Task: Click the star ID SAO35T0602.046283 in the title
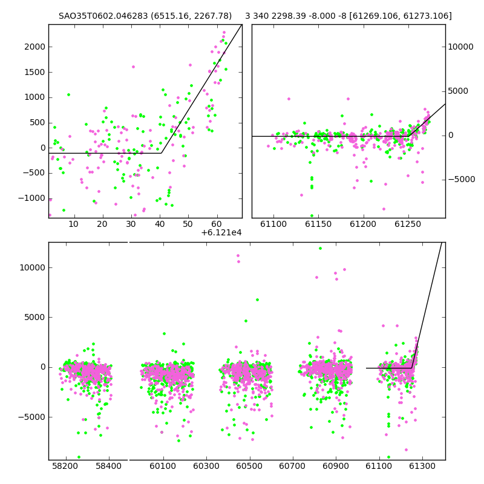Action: click(103, 16)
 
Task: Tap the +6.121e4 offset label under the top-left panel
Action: click(221, 233)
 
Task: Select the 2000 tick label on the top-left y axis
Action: click(35, 47)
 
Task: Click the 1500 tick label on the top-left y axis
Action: click(35, 72)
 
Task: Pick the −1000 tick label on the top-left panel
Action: click(32, 198)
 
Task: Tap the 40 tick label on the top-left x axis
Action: click(160, 224)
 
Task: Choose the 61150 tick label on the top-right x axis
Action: click(318, 224)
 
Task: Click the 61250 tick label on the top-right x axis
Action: click(408, 224)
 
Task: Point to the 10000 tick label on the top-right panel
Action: click(460, 47)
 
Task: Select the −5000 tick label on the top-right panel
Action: click(462, 179)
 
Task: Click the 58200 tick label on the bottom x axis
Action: click(65, 466)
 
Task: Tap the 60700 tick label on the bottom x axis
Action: click(292, 466)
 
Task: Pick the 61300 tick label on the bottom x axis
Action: click(422, 466)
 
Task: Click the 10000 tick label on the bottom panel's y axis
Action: click(33, 267)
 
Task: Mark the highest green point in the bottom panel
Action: click(320, 249)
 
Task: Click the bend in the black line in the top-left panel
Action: click(161, 153)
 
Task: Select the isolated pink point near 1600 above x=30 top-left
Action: click(133, 67)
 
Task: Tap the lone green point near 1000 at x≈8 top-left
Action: click(68, 95)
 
